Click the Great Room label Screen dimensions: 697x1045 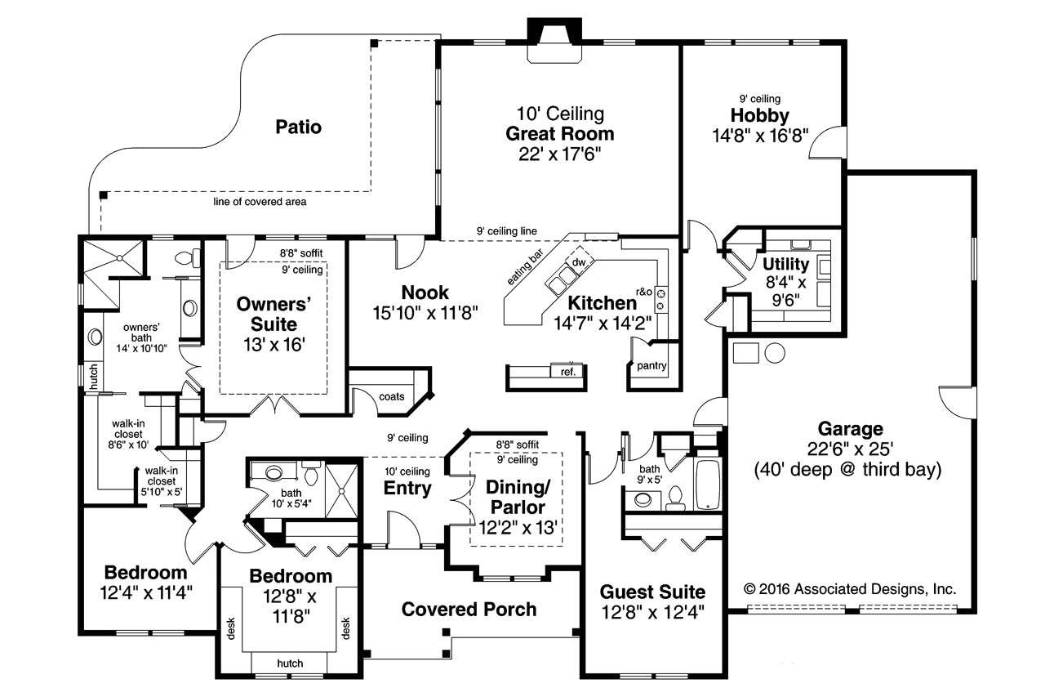coord(559,133)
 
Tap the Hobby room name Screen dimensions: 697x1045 coord(760,115)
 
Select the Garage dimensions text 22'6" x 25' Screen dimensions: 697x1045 coord(850,449)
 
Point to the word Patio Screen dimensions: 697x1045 coord(298,127)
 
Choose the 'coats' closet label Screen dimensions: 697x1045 coord(392,396)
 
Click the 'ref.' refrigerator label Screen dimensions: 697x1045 coord(568,372)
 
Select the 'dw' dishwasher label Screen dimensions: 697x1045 coord(578,262)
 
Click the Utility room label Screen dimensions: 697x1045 coord(785,264)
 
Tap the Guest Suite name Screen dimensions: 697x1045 coord(652,591)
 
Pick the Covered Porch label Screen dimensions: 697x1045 coord(469,609)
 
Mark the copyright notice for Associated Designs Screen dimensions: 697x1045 coord(850,588)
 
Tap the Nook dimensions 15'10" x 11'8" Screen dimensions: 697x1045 coord(425,311)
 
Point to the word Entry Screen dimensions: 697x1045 coord(407,488)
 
